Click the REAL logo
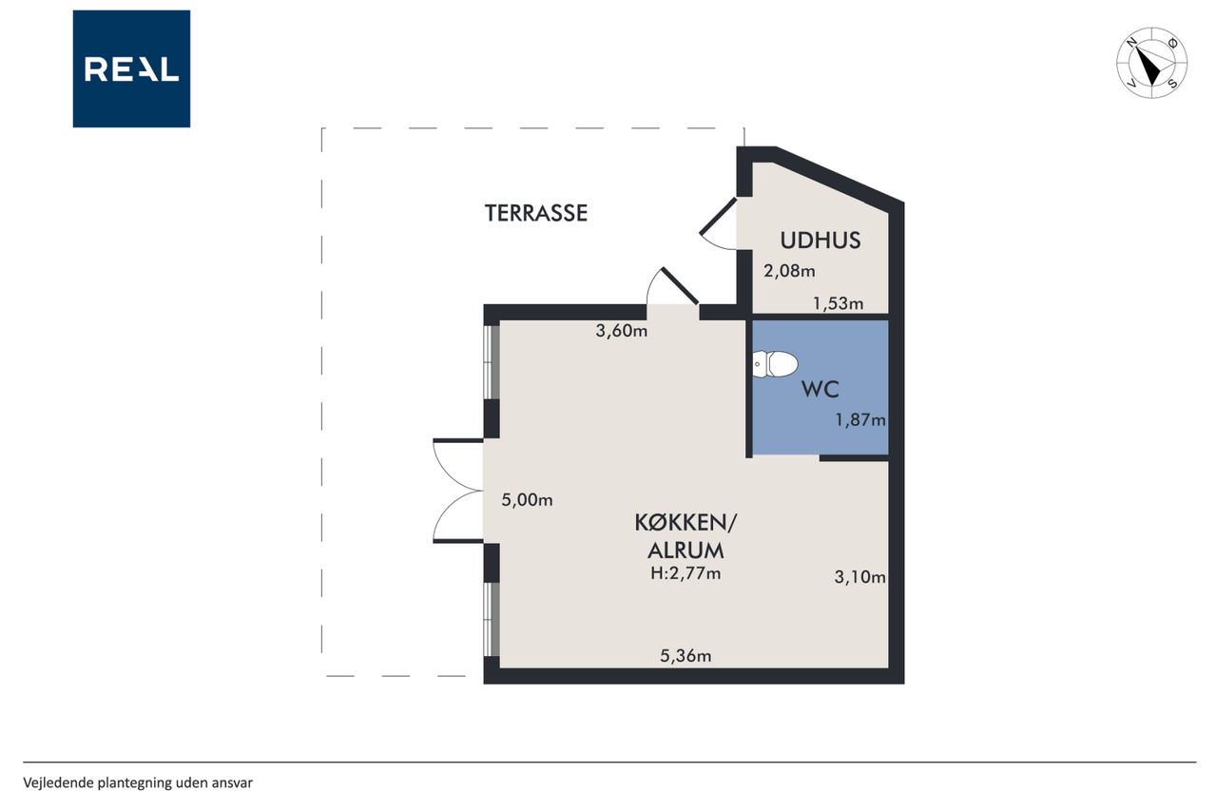[131, 69]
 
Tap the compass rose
[1151, 63]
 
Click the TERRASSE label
[535, 213]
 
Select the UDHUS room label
[821, 241]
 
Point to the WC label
[821, 390]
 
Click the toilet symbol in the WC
[775, 364]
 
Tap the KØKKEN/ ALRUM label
[686, 536]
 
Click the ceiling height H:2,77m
[686, 573]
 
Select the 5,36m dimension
[686, 656]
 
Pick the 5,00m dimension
[527, 500]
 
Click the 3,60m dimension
[622, 330]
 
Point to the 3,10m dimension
[860, 577]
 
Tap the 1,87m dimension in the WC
[860, 420]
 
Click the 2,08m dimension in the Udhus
[789, 271]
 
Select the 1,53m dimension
[838, 303]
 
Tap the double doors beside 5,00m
[458, 491]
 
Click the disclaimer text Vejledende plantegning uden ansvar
[138, 782]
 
